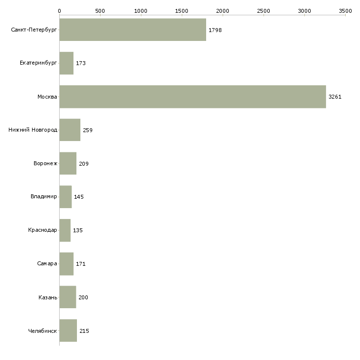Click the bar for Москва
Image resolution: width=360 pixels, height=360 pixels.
(x=192, y=97)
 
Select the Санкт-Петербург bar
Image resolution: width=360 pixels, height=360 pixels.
(x=133, y=30)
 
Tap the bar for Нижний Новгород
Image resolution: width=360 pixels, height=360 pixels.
(x=70, y=130)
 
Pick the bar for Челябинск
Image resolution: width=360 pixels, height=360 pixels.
(x=68, y=330)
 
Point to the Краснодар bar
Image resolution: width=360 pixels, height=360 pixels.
(x=65, y=230)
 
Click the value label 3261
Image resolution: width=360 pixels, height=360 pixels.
(x=335, y=97)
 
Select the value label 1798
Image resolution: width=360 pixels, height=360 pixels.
(x=215, y=30)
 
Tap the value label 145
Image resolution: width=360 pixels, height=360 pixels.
(x=79, y=197)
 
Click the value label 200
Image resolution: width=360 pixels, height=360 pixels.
(x=83, y=297)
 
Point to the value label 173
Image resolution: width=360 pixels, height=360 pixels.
(x=81, y=63)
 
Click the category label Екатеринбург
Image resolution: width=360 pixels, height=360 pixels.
(x=38, y=63)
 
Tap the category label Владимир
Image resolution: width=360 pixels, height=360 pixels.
(x=44, y=197)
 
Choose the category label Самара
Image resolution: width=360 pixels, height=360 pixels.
(x=47, y=264)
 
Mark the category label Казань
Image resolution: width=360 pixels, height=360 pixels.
(x=48, y=297)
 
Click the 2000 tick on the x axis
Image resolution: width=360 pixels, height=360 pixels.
(x=223, y=10)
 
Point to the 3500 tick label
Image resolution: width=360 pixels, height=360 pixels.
(x=345, y=10)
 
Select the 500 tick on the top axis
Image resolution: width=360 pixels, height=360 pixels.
(x=100, y=10)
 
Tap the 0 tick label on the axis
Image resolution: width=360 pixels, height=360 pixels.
(x=59, y=10)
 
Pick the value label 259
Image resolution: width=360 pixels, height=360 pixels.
(x=88, y=130)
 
